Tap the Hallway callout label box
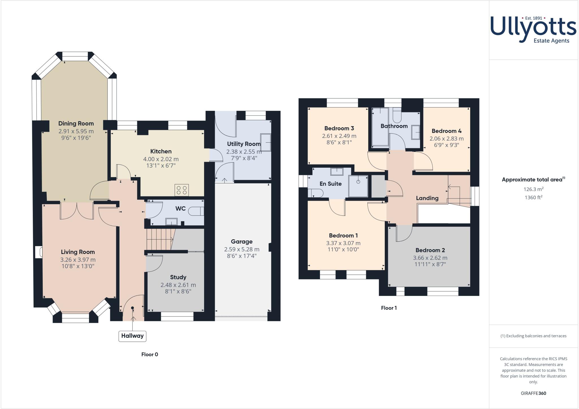click(132, 336)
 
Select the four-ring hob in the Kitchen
click(182, 190)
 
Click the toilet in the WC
click(196, 211)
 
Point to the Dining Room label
click(76, 124)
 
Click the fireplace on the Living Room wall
click(39, 252)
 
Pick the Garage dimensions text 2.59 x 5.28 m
click(241, 249)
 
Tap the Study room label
click(178, 277)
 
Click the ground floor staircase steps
click(159, 239)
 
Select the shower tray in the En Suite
click(358, 186)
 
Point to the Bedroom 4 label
click(446, 131)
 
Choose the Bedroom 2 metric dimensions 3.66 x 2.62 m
click(430, 258)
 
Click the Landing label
click(427, 198)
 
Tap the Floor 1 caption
click(389, 308)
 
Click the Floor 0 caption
click(150, 354)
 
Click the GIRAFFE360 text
click(533, 393)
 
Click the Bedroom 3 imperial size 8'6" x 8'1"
click(339, 143)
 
